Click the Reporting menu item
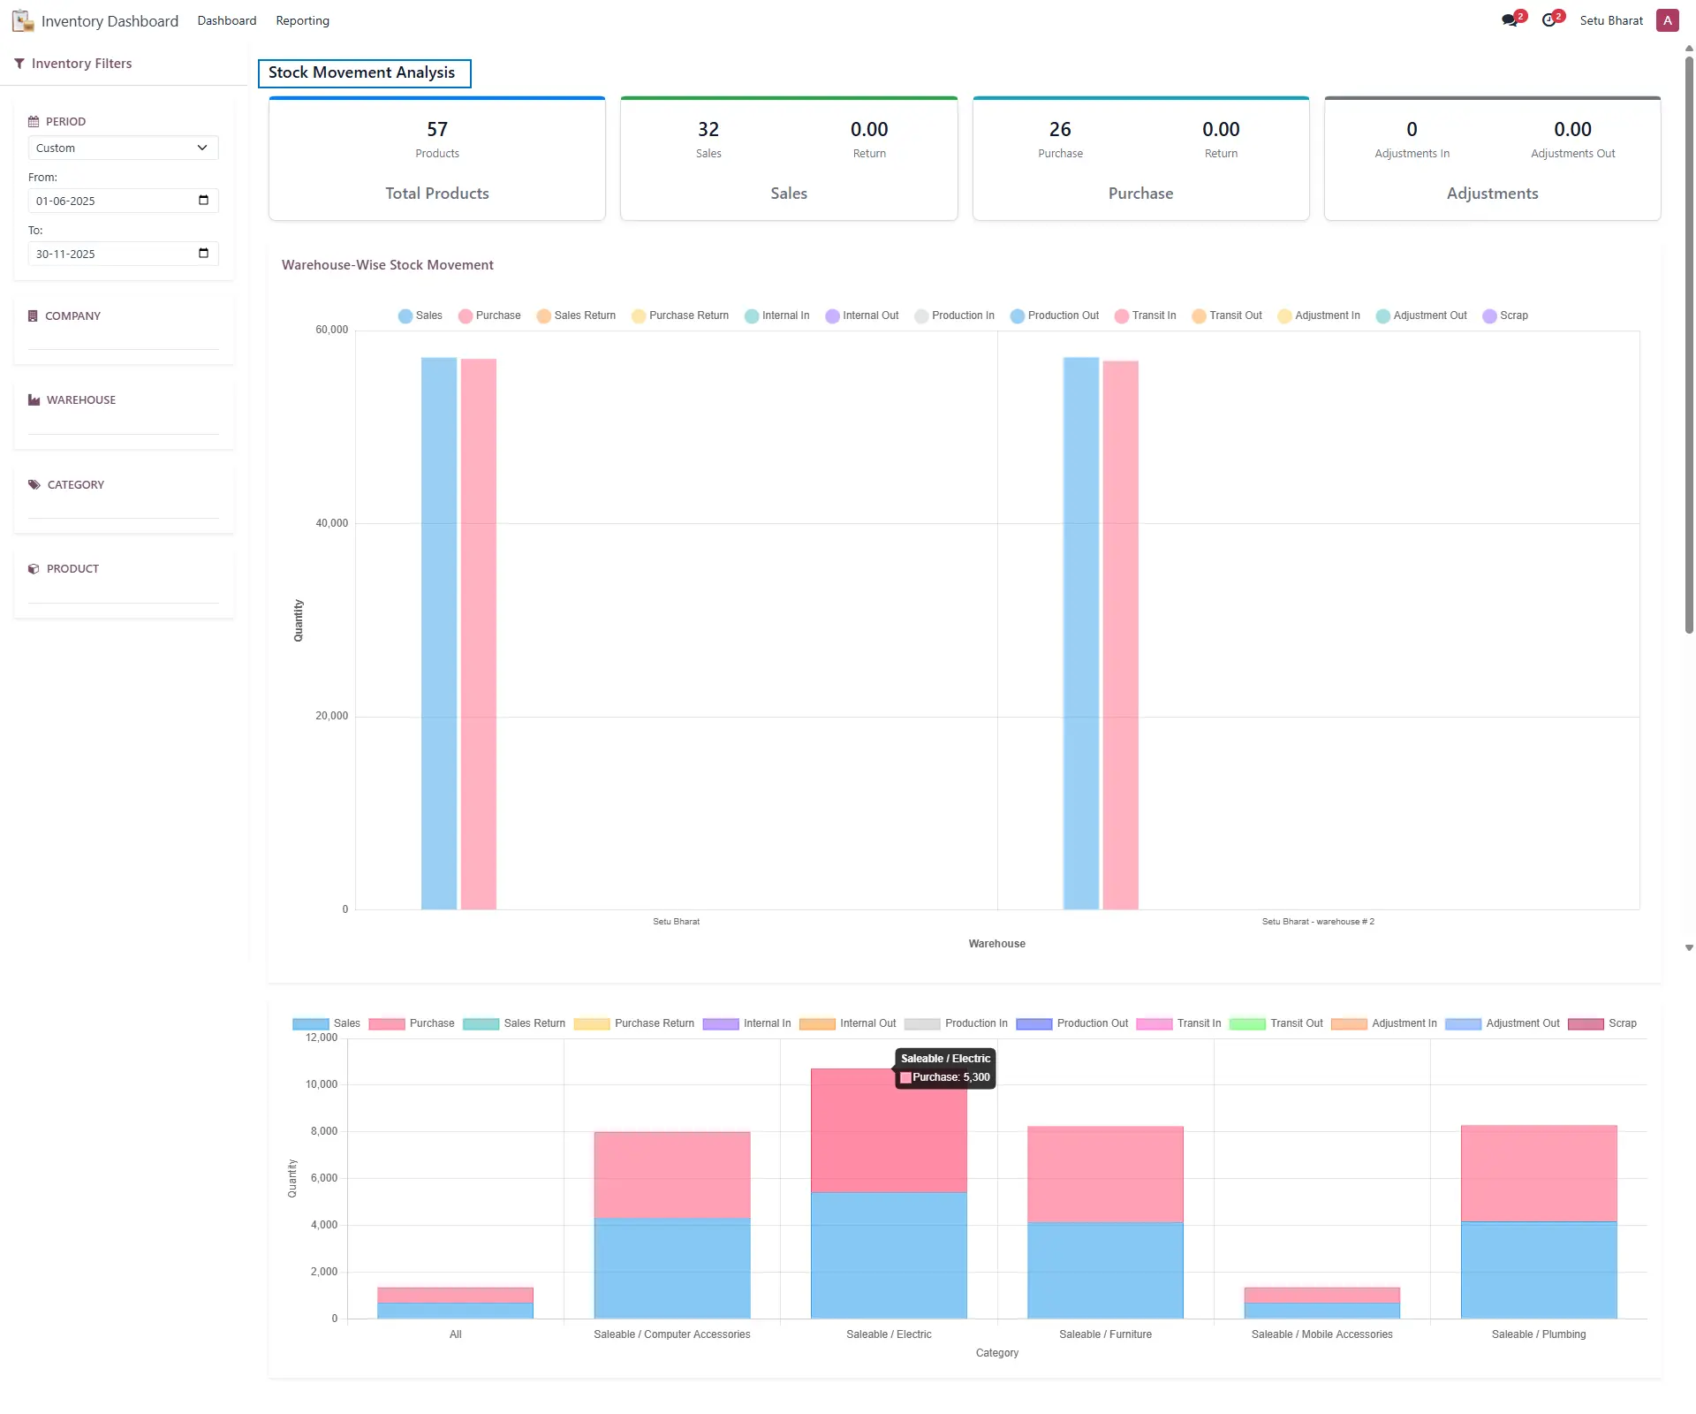coord(302,20)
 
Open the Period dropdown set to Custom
coord(123,148)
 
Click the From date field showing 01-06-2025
coord(123,201)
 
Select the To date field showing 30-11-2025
coord(123,254)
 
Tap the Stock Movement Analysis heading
coord(362,72)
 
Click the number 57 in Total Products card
coord(437,129)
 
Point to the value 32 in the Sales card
coord(708,129)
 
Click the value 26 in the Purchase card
coord(1060,129)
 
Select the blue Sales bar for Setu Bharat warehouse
coord(439,633)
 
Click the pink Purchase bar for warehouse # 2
coord(1120,635)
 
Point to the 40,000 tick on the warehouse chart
coord(332,523)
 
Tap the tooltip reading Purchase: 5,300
coord(945,1077)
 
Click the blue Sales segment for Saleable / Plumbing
coord(1539,1270)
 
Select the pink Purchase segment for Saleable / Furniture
coord(1105,1174)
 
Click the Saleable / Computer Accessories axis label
coord(672,1334)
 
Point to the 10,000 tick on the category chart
coord(322,1084)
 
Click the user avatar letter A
coord(1668,20)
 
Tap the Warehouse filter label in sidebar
coord(81,400)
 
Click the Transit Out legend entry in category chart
coord(1276,1023)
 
